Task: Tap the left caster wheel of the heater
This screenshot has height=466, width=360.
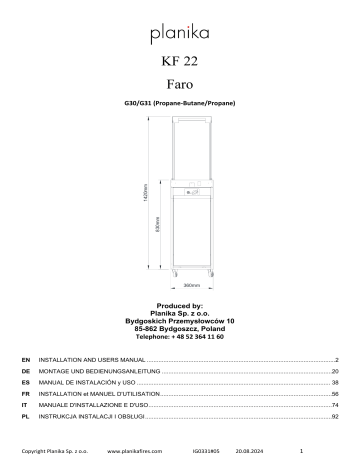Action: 168,270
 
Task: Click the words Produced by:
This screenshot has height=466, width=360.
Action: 181,304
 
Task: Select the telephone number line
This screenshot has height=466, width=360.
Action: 181,338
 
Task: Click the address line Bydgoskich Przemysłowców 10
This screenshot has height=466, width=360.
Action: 181,321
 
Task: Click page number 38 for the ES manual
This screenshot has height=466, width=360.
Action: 336,383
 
